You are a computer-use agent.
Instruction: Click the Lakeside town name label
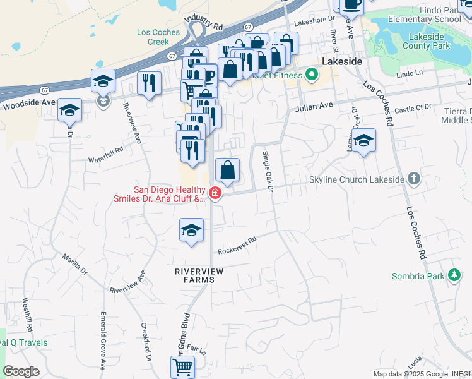coord(341,61)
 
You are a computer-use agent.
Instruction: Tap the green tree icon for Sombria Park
coord(454,275)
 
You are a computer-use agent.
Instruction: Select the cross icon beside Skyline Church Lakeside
coord(413,179)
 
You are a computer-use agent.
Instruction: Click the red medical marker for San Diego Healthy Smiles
coord(215,194)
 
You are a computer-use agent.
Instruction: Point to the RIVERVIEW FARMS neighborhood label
coord(199,275)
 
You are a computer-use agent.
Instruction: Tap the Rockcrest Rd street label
coord(237,246)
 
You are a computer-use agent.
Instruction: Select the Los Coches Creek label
coord(153,37)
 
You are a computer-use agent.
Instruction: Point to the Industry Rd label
coord(204,24)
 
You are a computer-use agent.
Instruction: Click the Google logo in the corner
coord(21,371)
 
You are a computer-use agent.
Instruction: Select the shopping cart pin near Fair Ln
coord(182,366)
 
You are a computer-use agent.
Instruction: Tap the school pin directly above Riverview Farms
coord(191,231)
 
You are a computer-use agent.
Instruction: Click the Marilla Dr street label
coord(74,263)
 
